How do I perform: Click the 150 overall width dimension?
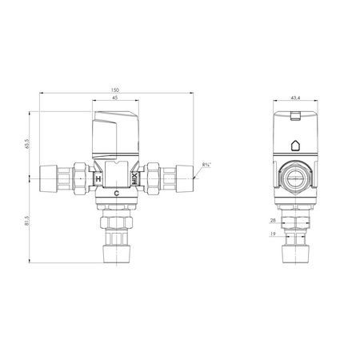click(115, 90)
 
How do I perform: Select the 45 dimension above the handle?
click(115, 98)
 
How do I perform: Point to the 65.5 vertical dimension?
click(26, 144)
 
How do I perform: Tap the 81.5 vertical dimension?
click(26, 221)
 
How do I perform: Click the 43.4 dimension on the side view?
click(295, 98)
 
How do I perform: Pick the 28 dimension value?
click(273, 221)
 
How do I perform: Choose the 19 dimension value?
click(273, 234)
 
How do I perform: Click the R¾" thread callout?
click(206, 165)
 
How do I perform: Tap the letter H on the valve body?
click(98, 179)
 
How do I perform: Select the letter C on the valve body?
click(117, 194)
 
